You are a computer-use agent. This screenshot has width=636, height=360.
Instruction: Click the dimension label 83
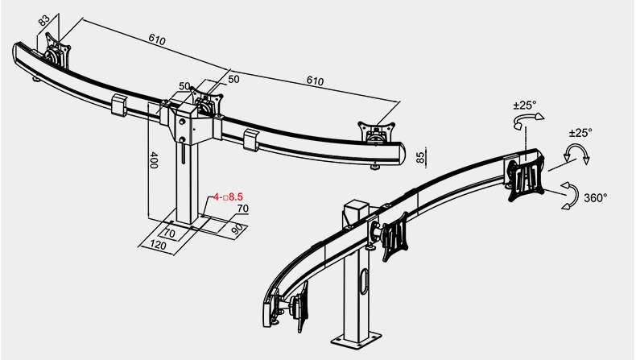(44, 20)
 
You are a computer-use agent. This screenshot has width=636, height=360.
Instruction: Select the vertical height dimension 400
(154, 160)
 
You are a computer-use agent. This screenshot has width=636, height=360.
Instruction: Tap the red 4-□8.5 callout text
(228, 197)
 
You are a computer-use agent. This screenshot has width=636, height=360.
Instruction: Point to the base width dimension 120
(158, 245)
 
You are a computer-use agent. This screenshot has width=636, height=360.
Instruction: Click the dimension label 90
(239, 230)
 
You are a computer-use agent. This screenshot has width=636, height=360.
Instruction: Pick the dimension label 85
(420, 157)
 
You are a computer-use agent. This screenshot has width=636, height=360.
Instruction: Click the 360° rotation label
(596, 197)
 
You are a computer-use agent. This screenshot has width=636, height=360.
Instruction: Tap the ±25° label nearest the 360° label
(580, 133)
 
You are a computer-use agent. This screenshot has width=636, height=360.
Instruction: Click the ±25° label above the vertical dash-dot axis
(524, 106)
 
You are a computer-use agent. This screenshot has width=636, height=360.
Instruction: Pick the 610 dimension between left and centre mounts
(157, 39)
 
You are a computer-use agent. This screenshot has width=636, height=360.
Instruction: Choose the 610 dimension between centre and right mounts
(315, 81)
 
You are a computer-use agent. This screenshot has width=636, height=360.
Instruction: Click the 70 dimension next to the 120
(169, 234)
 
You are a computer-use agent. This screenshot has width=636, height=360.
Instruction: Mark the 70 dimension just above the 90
(243, 209)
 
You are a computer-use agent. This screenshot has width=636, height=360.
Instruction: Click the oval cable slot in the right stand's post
(364, 280)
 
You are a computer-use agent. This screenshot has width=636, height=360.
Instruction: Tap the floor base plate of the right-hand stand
(356, 339)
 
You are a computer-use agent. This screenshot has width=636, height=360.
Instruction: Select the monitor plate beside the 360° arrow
(526, 178)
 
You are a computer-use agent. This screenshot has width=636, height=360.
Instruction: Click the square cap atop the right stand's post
(355, 209)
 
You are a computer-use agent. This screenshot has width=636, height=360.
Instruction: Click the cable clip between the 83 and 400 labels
(119, 105)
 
